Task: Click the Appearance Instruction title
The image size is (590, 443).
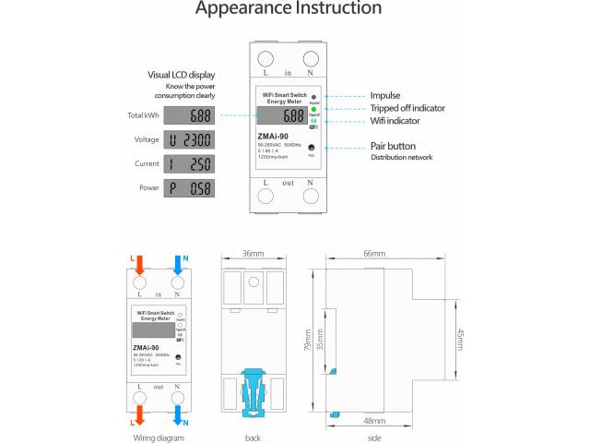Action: coord(289,9)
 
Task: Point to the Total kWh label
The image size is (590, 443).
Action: coord(143,115)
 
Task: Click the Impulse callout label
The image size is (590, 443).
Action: coord(385,95)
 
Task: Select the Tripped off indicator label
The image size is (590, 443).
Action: coord(407,108)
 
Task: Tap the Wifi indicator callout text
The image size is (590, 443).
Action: coord(395,121)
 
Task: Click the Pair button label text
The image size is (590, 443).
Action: coord(393,146)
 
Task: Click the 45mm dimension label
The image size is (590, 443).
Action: coord(461,339)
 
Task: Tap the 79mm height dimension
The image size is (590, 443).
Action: coord(308,340)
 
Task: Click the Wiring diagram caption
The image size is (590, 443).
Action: coord(159,437)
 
